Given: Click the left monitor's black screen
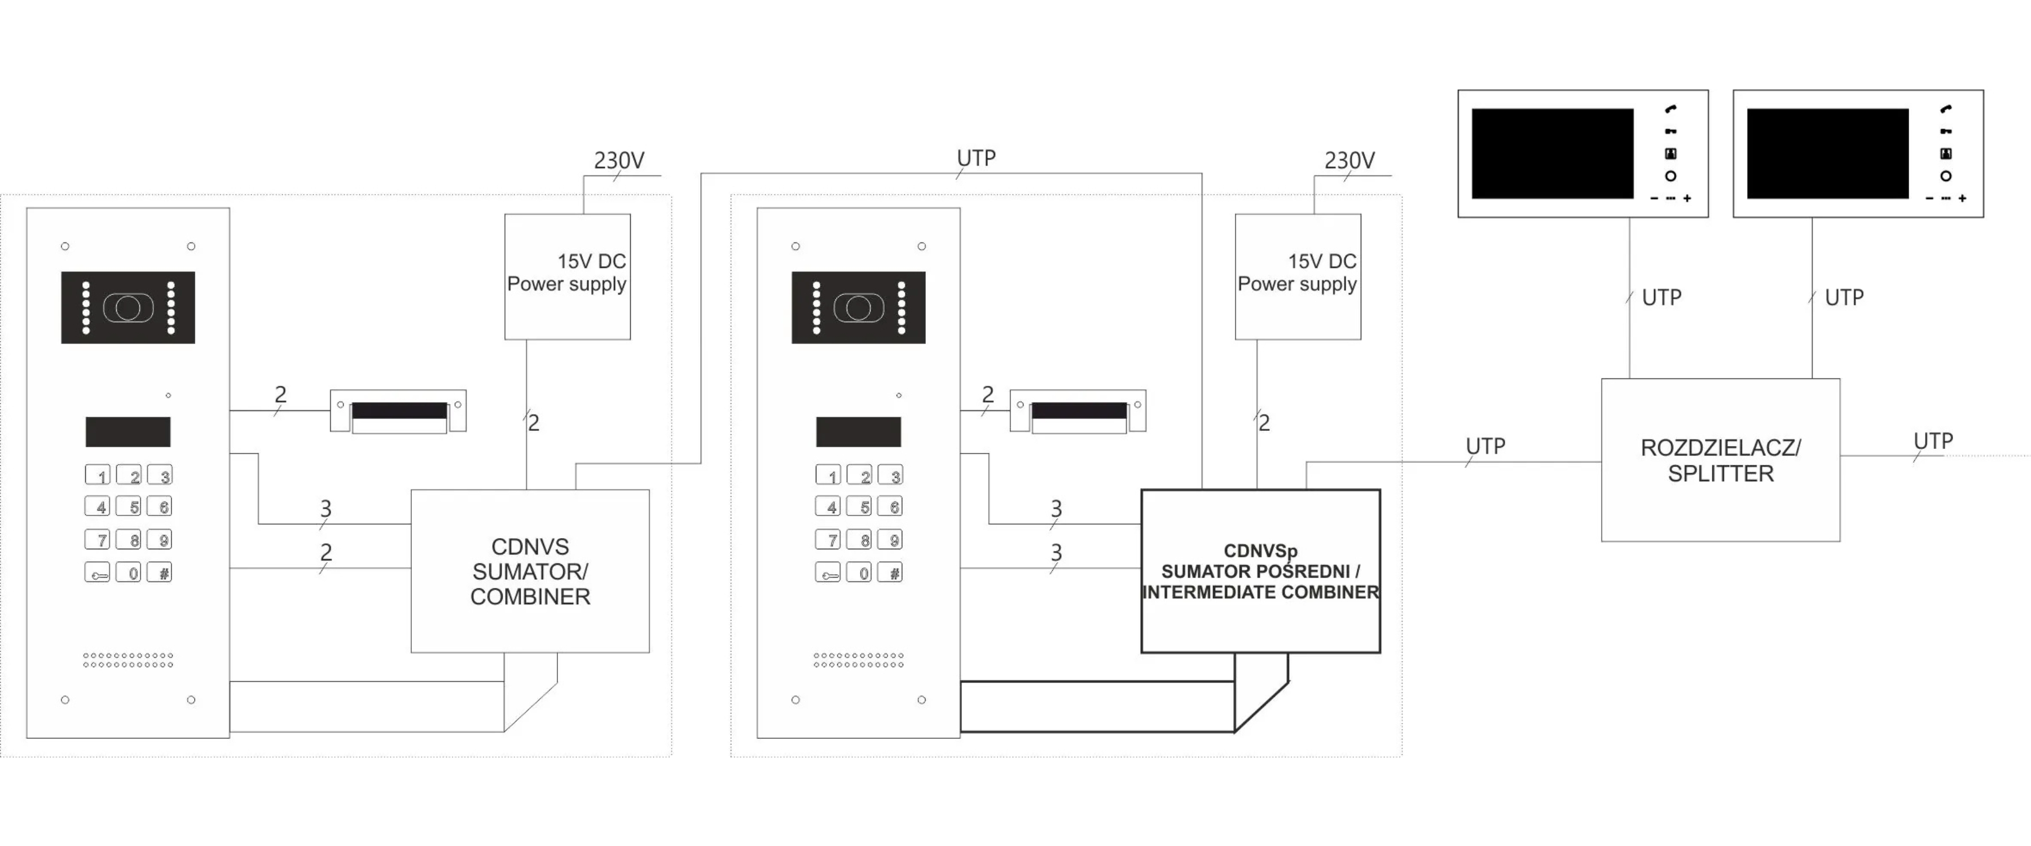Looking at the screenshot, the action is (x=1553, y=154).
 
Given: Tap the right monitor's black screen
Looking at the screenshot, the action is (x=1827, y=154).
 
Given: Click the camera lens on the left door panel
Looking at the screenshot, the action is (x=128, y=307).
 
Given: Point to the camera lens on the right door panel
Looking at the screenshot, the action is (x=859, y=307).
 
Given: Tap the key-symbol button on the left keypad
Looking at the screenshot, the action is (x=98, y=573).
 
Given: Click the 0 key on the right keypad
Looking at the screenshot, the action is (x=859, y=573).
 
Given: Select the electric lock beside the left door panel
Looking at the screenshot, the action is (x=398, y=411).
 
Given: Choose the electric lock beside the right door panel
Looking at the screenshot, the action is (x=1078, y=411).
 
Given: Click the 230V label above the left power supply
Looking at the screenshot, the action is (x=619, y=161).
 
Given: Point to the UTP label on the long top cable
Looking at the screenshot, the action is (x=976, y=158).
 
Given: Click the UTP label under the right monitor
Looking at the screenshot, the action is (x=1844, y=298).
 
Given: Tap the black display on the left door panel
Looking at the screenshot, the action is (x=128, y=432).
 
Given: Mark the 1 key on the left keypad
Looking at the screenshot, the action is (x=98, y=475).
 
